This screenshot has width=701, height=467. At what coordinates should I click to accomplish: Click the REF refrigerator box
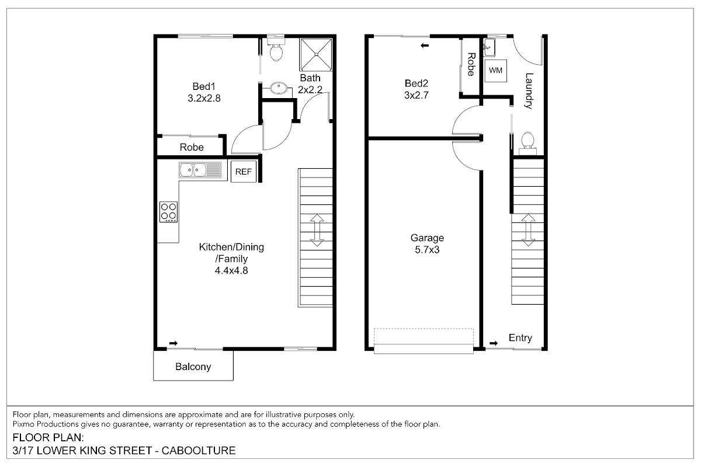point(244,172)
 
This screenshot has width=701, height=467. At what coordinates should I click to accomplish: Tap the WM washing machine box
point(496,71)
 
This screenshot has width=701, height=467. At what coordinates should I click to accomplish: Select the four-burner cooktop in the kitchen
point(168,212)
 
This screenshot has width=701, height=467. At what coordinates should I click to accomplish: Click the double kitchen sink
point(200,170)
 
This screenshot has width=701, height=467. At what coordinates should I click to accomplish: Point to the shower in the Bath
point(316,54)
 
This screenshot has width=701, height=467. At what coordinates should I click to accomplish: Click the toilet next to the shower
point(276,50)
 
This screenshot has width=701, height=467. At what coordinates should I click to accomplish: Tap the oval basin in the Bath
point(279,88)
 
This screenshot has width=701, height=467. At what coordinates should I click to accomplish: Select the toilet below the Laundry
point(528,143)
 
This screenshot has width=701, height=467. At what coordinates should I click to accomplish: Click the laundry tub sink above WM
point(490,47)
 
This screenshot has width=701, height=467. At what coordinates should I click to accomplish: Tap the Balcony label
point(193,367)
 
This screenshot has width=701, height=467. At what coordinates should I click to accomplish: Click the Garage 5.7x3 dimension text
point(427,250)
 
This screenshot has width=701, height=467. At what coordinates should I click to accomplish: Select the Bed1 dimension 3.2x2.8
point(204,98)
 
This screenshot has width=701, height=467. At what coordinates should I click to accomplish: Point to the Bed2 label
point(416,83)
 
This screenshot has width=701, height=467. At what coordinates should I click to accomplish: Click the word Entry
point(520,338)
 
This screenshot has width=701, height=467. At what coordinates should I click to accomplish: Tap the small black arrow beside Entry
point(494,343)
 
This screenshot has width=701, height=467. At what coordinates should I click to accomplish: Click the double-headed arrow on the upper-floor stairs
point(317,230)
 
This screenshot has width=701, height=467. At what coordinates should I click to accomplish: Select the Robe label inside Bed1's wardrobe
point(192,147)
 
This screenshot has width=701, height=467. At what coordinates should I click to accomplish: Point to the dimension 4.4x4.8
point(231,270)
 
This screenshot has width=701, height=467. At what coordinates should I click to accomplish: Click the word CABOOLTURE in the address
point(199,451)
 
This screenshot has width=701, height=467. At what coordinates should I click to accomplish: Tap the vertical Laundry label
point(529,90)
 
